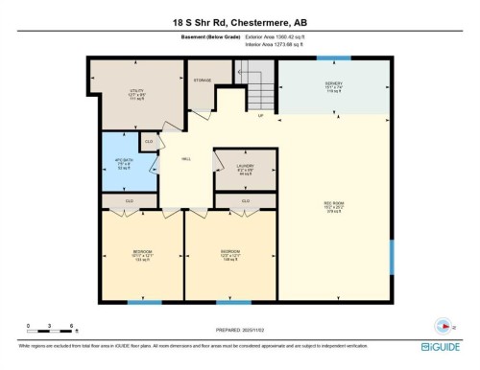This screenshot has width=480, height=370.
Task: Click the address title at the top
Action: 239,21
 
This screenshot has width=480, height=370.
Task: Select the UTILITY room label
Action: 136,94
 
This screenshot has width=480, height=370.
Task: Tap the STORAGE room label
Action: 203,81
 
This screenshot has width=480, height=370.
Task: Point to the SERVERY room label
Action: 333,86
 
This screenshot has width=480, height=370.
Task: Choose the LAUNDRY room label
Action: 245,169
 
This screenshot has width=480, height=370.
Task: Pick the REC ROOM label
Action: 333,205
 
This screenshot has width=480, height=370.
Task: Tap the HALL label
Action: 184,161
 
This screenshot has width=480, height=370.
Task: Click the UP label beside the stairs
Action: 259,117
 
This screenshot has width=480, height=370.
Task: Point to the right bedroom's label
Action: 228,255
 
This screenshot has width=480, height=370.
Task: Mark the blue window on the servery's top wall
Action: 334,58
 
